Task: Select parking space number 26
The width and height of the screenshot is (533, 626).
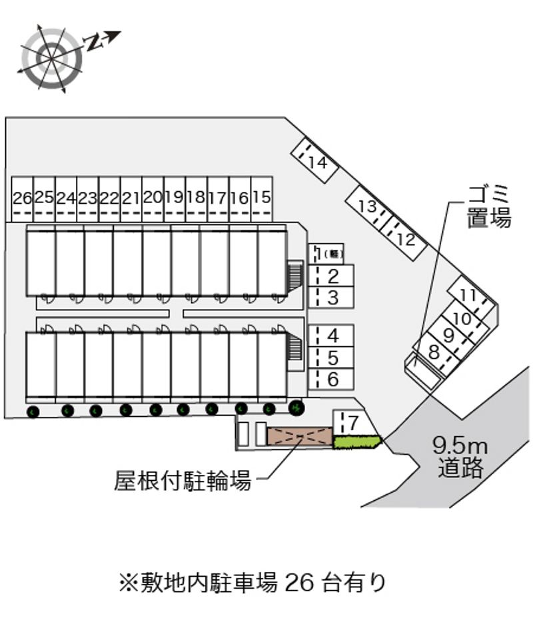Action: pyautogui.click(x=22, y=198)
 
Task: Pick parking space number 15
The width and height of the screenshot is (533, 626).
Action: pyautogui.click(x=262, y=198)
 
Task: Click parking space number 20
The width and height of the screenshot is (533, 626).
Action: pyautogui.click(x=153, y=198)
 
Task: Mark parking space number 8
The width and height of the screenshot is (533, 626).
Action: pyautogui.click(x=434, y=351)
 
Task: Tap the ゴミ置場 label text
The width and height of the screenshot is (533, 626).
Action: pyautogui.click(x=488, y=206)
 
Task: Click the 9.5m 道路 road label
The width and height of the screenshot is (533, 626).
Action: pyautogui.click(x=460, y=456)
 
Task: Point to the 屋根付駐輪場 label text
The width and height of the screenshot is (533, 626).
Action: pyautogui.click(x=183, y=479)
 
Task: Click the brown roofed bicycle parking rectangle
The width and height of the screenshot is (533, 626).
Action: pyautogui.click(x=300, y=436)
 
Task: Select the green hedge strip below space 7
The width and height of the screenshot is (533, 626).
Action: pyautogui.click(x=356, y=442)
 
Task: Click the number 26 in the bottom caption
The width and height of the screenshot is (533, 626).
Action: pyautogui.click(x=298, y=583)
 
